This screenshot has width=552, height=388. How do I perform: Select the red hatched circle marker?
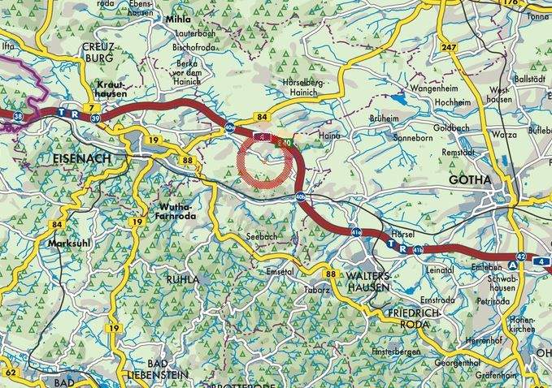266,162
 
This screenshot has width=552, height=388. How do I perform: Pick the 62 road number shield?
9,372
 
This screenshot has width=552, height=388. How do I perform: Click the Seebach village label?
259,235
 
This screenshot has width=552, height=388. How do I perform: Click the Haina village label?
328,136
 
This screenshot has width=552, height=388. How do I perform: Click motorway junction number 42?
521,257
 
